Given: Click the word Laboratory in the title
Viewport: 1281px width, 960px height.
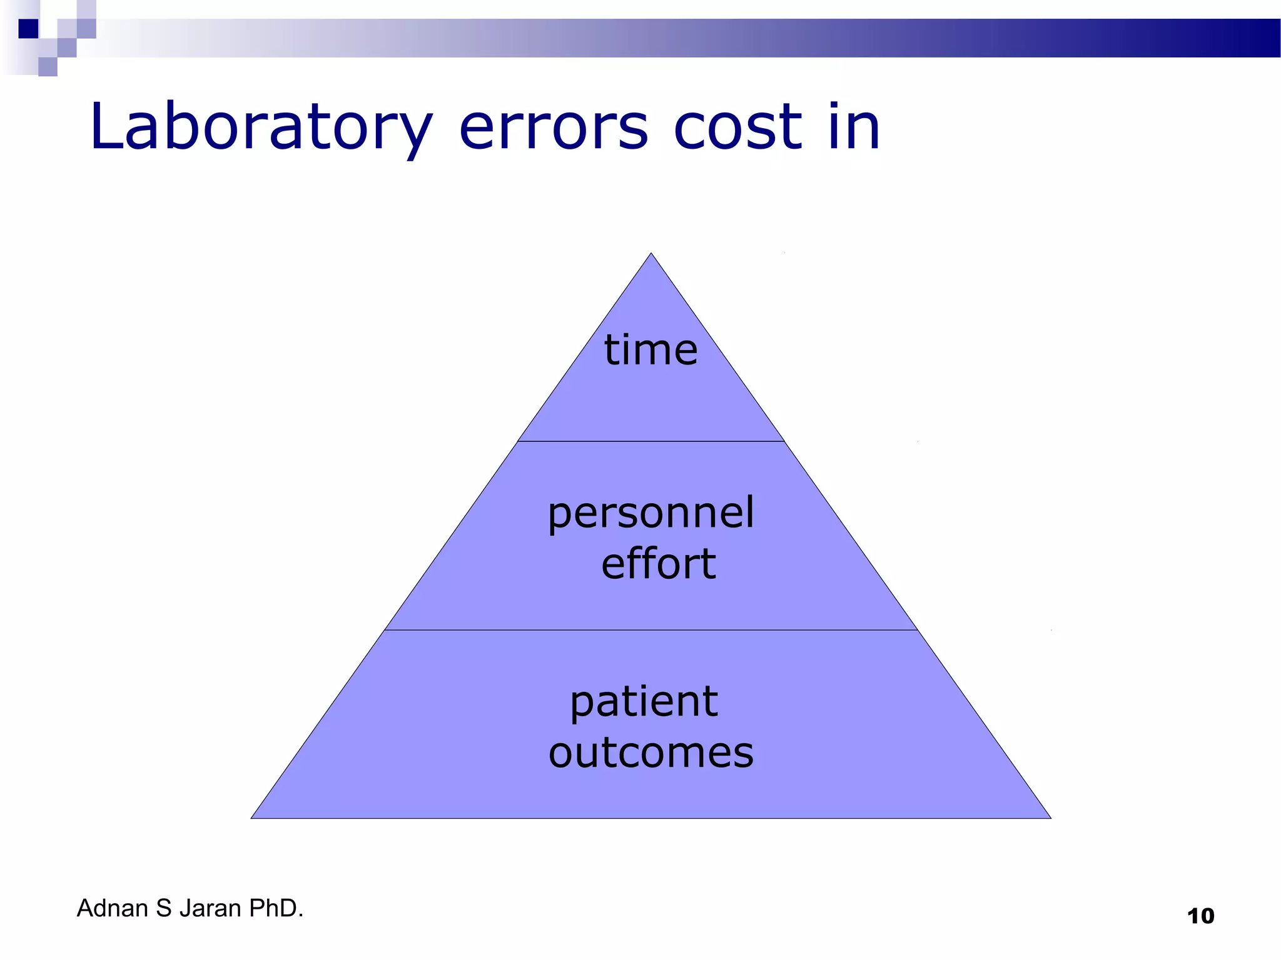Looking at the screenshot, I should pyautogui.click(x=260, y=128).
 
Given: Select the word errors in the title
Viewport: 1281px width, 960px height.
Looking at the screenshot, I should pyautogui.click(x=554, y=128).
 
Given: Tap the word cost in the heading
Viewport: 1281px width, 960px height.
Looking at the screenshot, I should pyautogui.click(x=737, y=128).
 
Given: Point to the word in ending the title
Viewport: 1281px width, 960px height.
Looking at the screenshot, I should pyautogui.click(x=854, y=128).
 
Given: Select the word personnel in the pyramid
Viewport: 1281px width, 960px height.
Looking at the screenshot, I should pyautogui.click(x=651, y=514).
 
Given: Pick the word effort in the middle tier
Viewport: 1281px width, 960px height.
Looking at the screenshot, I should pyautogui.click(x=658, y=564).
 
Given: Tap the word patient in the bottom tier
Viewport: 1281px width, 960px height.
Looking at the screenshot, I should pyautogui.click(x=644, y=702).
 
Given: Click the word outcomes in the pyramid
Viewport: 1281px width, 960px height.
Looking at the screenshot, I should pyautogui.click(x=651, y=752).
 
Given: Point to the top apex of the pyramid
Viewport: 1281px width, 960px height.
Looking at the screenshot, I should pyautogui.click(x=651, y=254).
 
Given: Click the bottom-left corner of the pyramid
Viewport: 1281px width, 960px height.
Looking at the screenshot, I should pyautogui.click(x=252, y=817).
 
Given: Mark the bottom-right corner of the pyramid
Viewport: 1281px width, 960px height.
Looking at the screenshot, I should pyautogui.click(x=1050, y=817).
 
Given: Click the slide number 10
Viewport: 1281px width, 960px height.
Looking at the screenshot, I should pyautogui.click(x=1200, y=916).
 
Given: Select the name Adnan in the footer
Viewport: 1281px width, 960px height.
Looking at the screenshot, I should pyautogui.click(x=113, y=908).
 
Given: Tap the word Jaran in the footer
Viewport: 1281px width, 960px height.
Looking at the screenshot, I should pyautogui.click(x=210, y=908).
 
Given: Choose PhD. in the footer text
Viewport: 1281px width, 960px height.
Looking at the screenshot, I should pyautogui.click(x=276, y=908).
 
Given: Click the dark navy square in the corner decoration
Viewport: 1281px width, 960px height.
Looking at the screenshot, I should pyautogui.click(x=29, y=29).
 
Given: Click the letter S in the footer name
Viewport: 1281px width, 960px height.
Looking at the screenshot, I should pyautogui.click(x=164, y=908).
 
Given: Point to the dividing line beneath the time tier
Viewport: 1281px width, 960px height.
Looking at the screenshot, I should pyautogui.click(x=651, y=441).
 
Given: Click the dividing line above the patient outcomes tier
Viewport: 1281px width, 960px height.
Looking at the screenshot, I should pyautogui.click(x=651, y=630).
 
